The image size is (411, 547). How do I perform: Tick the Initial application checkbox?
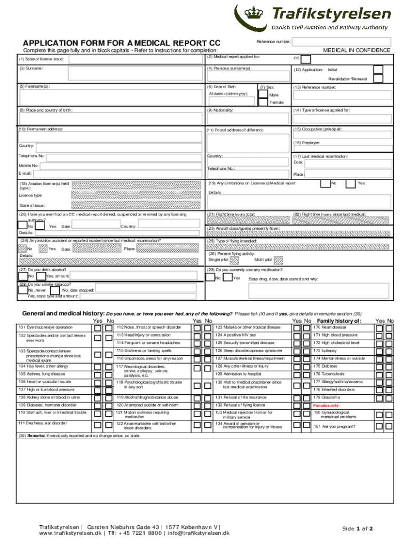click(378, 70)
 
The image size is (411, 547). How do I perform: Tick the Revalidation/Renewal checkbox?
click(378, 79)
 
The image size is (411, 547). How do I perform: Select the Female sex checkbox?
click(263, 103)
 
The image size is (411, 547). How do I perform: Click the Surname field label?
click(31, 69)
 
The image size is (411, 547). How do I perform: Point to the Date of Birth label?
click(225, 87)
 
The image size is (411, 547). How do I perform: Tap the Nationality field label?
click(222, 110)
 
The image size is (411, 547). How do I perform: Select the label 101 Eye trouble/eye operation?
click(45, 327)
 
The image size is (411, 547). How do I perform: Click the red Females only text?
click(326, 405)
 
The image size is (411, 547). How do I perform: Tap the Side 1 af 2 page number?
click(357, 529)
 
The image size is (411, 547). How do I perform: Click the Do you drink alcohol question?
click(43, 270)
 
